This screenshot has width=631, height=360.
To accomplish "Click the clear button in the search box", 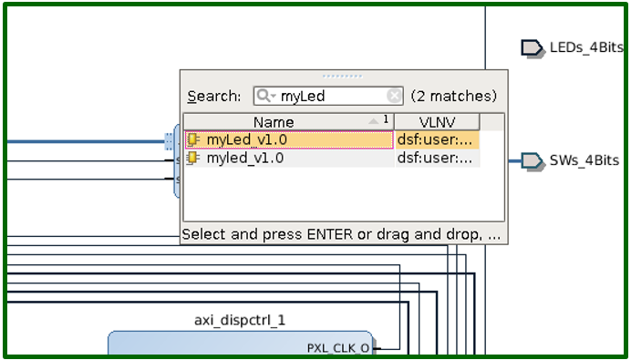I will click(394, 96).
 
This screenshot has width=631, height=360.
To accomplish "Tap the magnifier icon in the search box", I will click(264, 96).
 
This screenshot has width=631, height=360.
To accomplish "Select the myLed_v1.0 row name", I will click(246, 139).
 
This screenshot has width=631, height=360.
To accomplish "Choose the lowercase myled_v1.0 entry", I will click(244, 158).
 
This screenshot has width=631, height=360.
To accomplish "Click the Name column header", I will click(274, 121).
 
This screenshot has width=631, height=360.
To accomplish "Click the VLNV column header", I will click(436, 121).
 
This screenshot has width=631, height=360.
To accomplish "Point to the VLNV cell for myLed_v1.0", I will click(436, 139).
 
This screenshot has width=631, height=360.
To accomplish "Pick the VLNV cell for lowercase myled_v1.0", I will click(436, 158).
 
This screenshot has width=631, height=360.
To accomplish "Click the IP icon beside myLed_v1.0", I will click(193, 139).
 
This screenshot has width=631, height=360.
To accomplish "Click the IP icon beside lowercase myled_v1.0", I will click(193, 158).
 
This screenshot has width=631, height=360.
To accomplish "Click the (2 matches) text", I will click(453, 96).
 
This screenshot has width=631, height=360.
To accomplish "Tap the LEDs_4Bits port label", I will click(585, 47).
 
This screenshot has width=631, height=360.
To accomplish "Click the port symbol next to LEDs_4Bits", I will click(532, 47).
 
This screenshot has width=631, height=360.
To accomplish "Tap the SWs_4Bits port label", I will click(584, 160).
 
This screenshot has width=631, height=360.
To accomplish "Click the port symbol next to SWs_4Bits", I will click(532, 160).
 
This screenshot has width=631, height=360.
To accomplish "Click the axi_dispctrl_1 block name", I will click(240, 320).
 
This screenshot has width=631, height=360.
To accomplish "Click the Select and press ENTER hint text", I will click(342, 234).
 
